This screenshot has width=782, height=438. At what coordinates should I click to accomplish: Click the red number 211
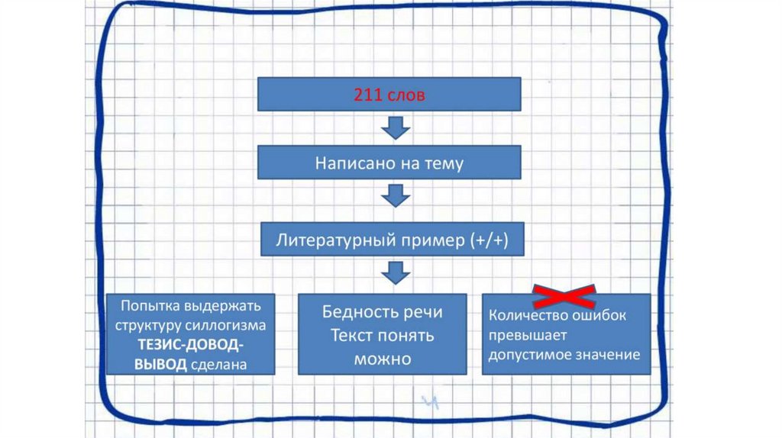(x=366, y=96)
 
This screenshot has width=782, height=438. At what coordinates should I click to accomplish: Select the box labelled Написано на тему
(x=389, y=163)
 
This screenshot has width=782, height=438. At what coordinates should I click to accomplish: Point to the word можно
(x=383, y=358)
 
